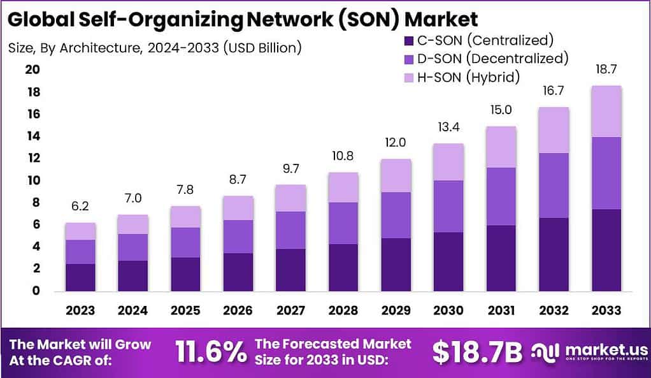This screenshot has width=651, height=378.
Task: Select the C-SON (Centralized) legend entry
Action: [x=478, y=40]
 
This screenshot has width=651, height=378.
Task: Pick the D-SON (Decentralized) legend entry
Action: [x=485, y=59]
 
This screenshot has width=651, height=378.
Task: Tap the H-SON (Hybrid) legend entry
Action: [x=461, y=77]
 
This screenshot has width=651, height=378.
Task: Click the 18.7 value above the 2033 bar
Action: [x=606, y=69]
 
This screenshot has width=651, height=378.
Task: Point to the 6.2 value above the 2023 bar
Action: [x=80, y=207]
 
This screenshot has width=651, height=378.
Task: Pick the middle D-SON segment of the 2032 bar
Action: [x=554, y=185]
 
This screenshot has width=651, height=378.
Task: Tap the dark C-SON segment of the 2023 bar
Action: [x=80, y=277]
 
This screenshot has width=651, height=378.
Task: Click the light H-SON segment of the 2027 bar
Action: [x=290, y=198]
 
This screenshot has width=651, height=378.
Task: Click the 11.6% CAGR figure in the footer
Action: [x=210, y=351]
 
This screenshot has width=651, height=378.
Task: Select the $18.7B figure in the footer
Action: [x=477, y=351]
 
